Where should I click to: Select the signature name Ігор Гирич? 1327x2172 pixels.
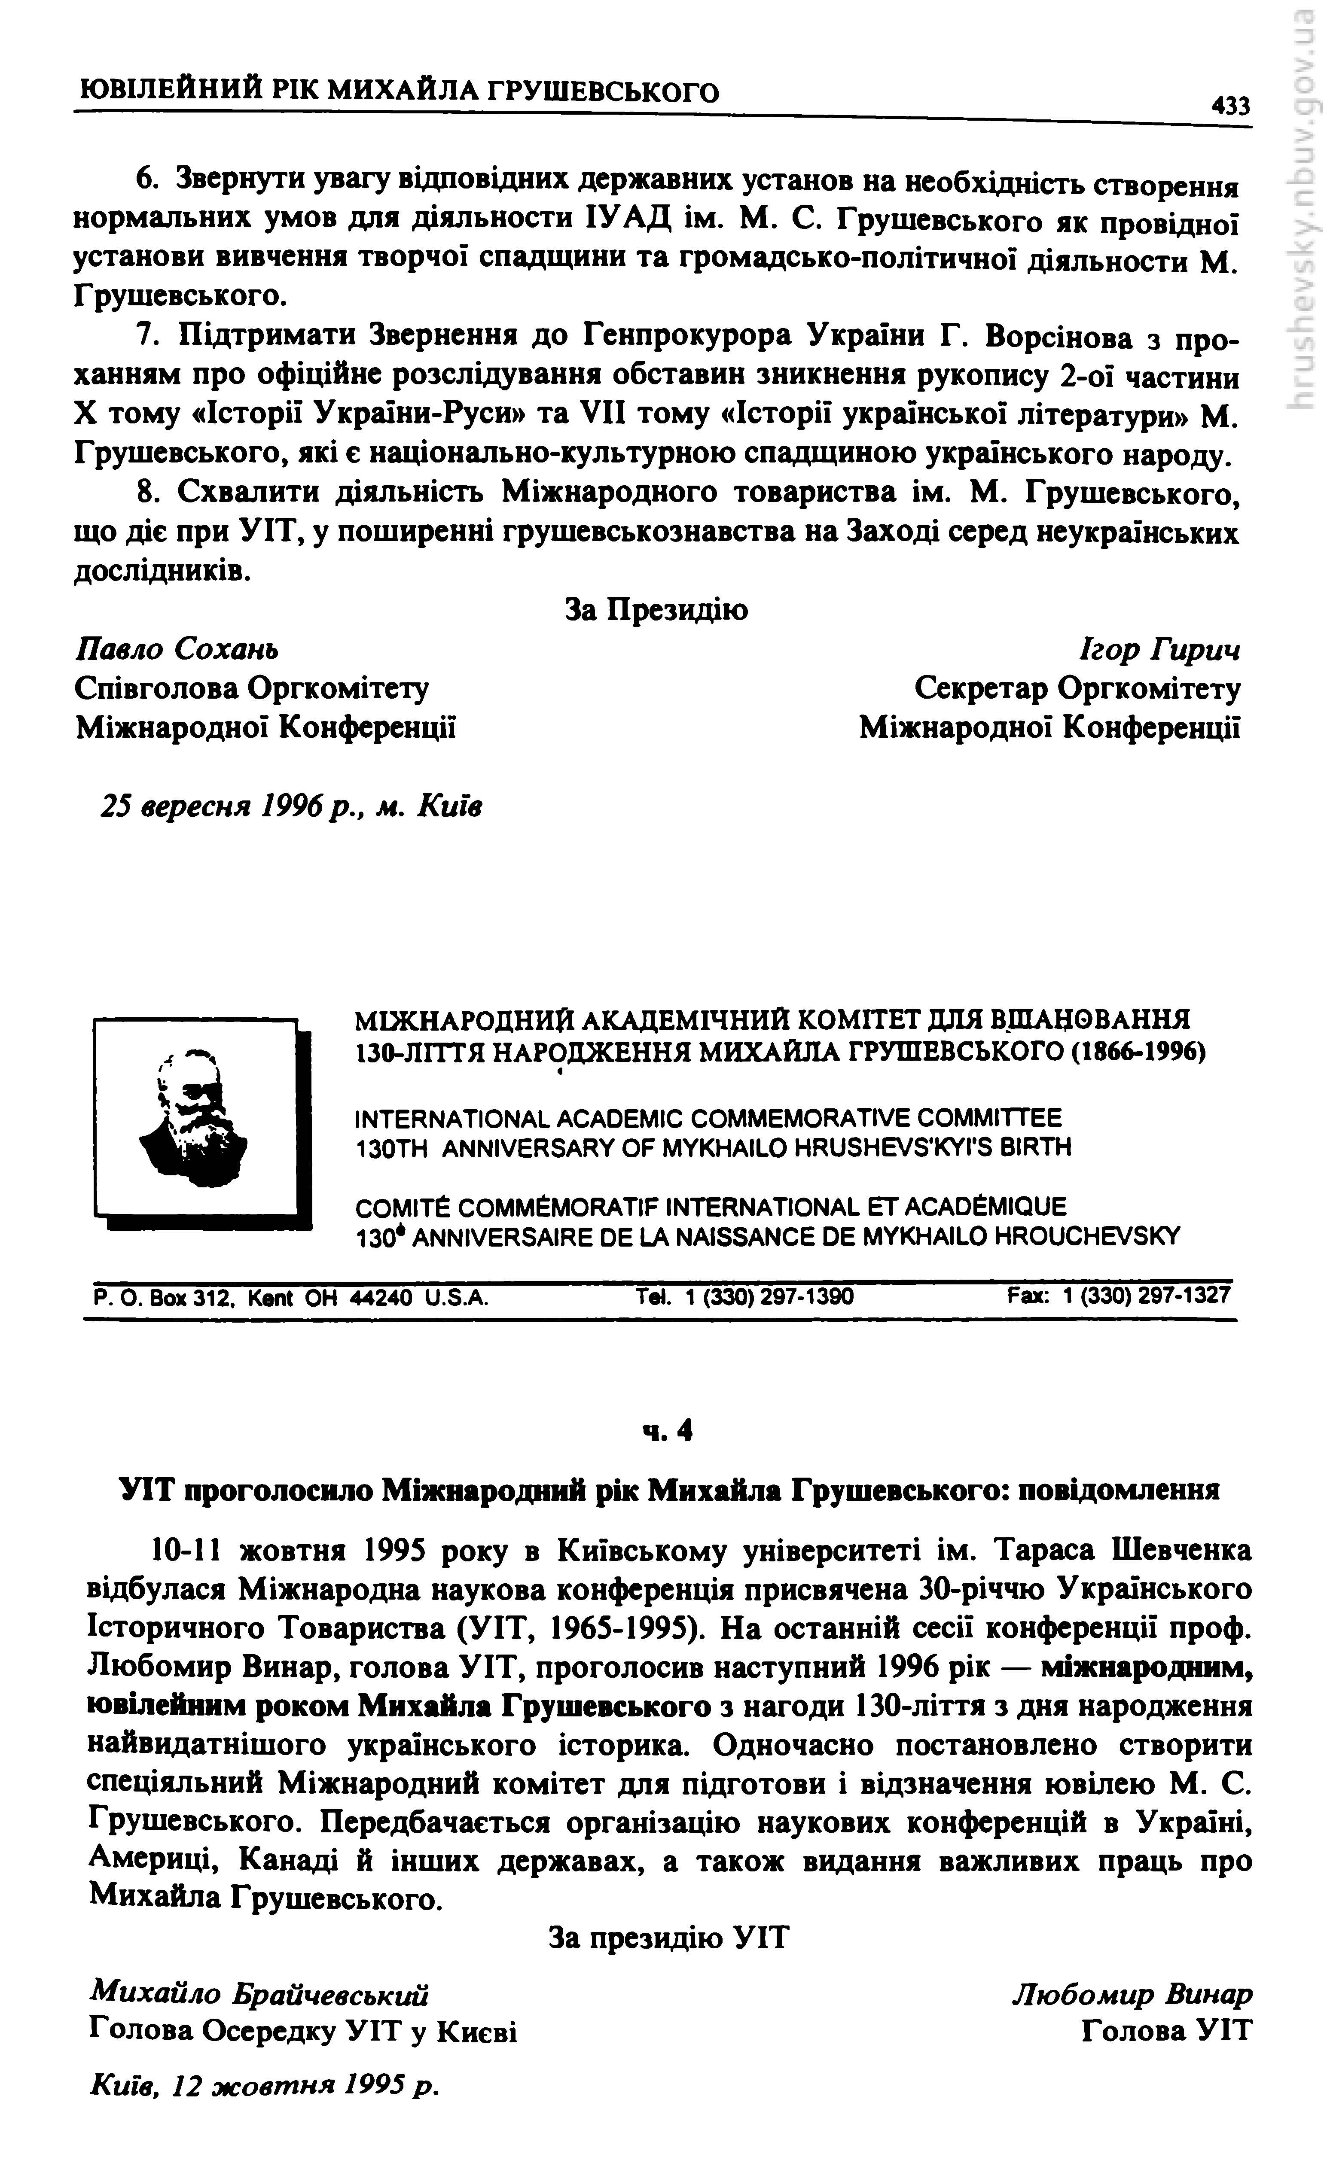click(1159, 651)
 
